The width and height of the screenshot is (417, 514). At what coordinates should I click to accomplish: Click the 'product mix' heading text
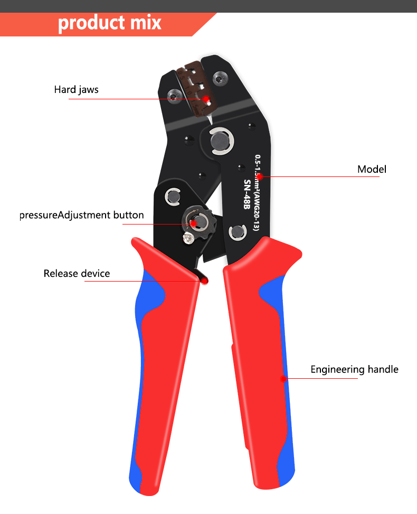[x=110, y=23]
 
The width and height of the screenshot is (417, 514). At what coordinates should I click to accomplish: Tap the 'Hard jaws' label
[x=77, y=89]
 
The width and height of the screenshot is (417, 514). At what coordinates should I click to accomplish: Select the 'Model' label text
[x=372, y=169]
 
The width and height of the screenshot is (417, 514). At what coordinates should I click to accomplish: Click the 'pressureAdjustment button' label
[x=82, y=215]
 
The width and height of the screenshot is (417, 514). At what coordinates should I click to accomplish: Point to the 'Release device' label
[x=77, y=274]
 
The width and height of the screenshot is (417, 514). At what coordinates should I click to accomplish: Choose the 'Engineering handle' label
[x=354, y=369]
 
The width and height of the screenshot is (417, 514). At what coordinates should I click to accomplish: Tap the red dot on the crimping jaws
[x=206, y=99]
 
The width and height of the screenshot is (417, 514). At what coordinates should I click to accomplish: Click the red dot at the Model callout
[x=260, y=176]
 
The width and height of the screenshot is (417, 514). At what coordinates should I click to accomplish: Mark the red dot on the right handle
[x=283, y=379]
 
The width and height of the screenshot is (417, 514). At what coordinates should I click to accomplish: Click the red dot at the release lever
[x=204, y=281]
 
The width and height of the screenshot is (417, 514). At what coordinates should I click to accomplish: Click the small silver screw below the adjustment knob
[x=188, y=238]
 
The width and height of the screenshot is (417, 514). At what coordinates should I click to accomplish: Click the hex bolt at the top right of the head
[x=220, y=79]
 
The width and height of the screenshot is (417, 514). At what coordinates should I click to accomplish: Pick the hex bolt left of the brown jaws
[x=174, y=96]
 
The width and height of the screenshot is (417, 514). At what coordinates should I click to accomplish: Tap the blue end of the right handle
[x=287, y=472]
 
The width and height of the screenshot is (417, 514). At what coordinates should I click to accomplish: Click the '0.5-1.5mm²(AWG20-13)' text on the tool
[x=257, y=193]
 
